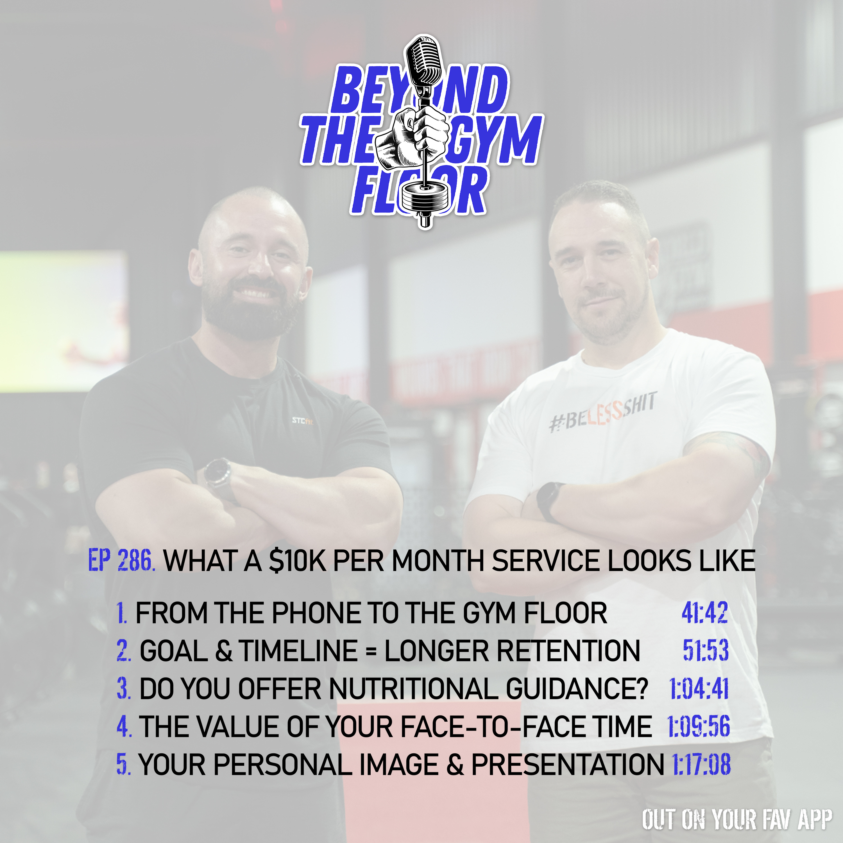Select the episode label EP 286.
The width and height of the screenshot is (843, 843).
(x=121, y=560)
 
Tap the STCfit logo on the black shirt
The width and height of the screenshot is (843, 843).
(x=302, y=421)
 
